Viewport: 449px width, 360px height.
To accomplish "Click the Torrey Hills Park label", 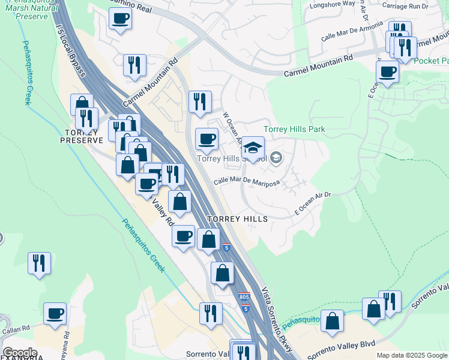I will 295,129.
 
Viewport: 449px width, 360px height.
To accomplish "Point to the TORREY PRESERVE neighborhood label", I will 82,136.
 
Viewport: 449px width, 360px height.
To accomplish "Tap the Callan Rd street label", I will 15,328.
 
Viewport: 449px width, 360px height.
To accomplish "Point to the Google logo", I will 19,353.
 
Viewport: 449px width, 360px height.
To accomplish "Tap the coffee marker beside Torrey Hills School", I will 207,140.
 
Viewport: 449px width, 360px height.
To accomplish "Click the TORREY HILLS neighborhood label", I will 237,220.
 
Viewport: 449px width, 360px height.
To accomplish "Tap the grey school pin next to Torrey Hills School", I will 276,158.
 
